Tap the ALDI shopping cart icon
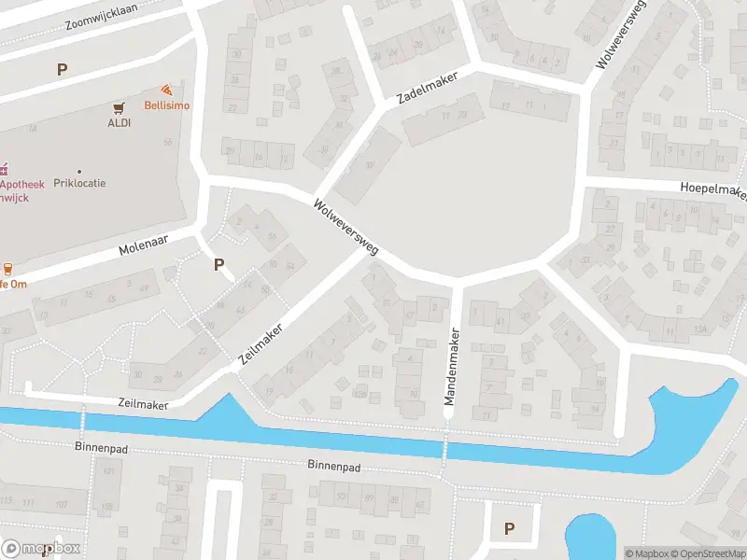tap(119, 108)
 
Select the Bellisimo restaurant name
tap(166, 105)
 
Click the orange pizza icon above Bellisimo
tap(166, 91)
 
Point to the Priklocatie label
tap(79, 183)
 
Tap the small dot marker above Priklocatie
tap(79, 171)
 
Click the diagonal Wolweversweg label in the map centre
tap(345, 228)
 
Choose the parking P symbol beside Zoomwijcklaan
tap(63, 69)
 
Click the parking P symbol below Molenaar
tap(218, 264)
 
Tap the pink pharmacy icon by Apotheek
tap(4, 169)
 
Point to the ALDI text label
tap(119, 122)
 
